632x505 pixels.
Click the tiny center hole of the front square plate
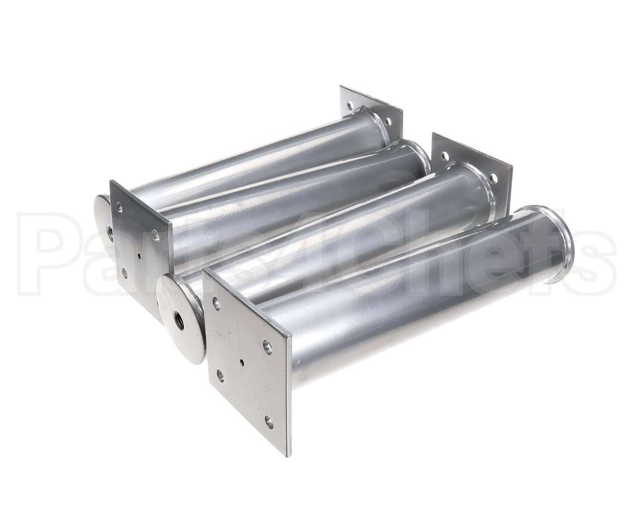click(241, 362)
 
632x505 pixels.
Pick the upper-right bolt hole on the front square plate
click(267, 344)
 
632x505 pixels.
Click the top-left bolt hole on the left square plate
click(119, 207)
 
